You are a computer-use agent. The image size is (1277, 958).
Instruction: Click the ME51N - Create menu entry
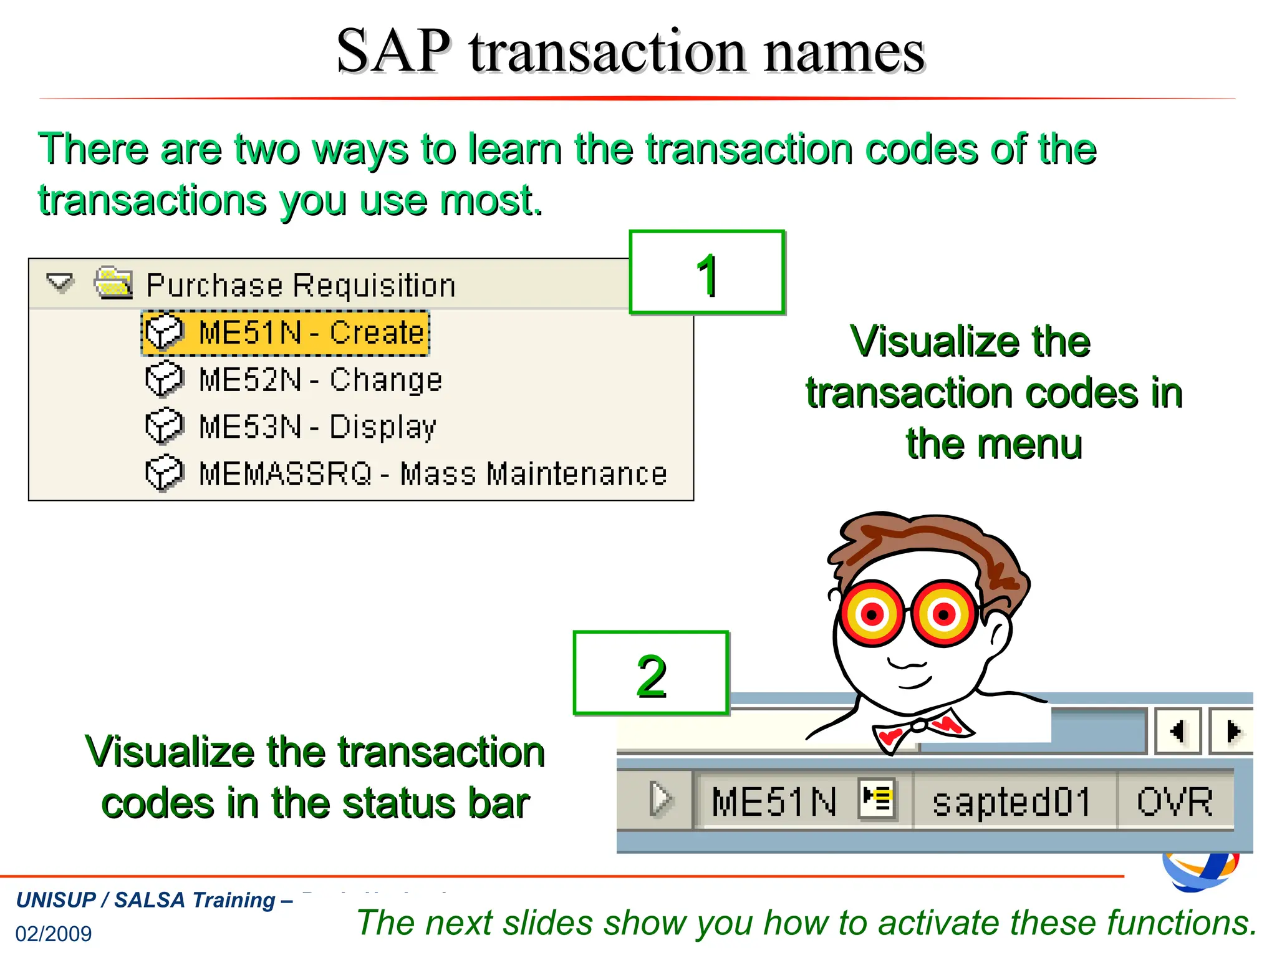pos(311,332)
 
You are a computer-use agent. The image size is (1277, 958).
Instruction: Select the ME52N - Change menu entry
pos(320,380)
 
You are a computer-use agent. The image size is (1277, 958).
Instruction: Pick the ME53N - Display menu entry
pos(317,427)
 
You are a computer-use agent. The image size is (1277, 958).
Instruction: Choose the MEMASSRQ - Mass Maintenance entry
pos(432,474)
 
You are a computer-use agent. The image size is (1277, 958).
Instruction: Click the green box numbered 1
pos(706,273)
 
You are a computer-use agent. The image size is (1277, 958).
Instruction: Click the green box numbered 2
pos(651,674)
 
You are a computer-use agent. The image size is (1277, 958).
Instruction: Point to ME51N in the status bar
pos(774,801)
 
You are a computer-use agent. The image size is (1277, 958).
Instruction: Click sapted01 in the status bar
pos(1011,801)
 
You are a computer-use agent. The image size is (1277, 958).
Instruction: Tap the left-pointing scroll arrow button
pos(1177,731)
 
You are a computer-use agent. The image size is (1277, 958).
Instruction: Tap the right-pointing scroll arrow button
pos(1232,731)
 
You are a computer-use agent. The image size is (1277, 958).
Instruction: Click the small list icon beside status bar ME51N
pos(877,798)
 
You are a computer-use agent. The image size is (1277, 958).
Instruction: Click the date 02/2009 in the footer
pos(54,934)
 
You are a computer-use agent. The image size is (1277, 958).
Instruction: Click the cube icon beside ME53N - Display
pos(165,427)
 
